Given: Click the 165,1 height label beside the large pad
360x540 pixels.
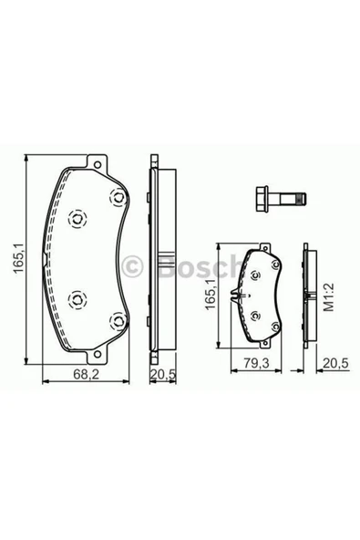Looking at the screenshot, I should click(x=13, y=264).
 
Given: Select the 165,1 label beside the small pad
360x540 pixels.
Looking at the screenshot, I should click(x=210, y=298).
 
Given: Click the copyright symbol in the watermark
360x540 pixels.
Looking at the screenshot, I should click(x=133, y=265).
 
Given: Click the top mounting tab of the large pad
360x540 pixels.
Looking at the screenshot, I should click(x=91, y=164).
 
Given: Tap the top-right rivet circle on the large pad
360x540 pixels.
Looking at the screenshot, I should click(x=116, y=200).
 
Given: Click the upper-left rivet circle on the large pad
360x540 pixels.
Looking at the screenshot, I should click(x=77, y=218).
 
